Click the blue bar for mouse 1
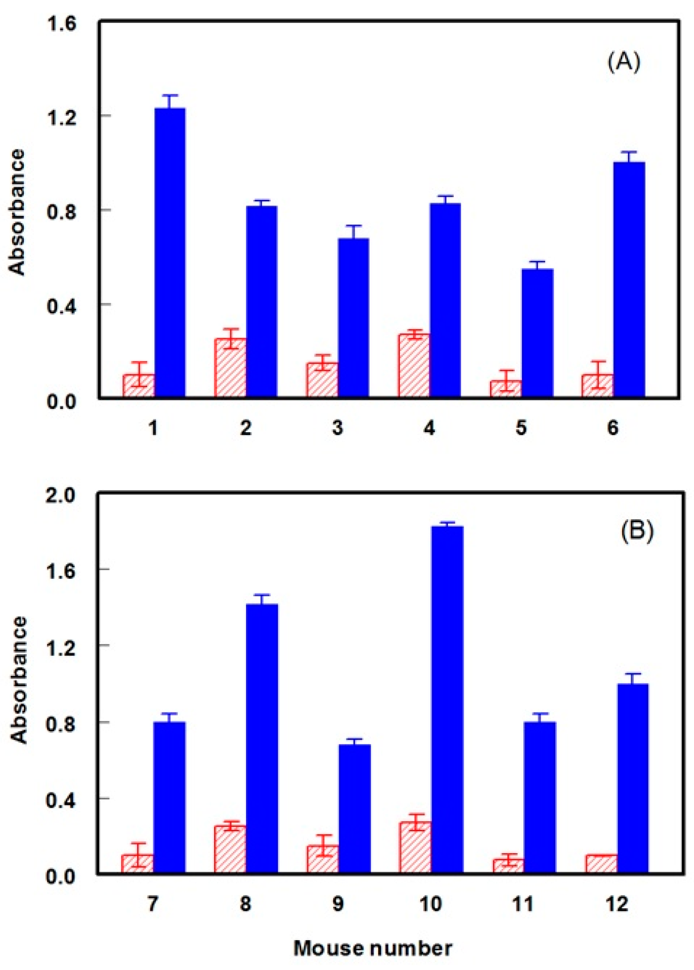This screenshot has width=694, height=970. tap(170, 253)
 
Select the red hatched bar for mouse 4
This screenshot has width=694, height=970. tap(414, 365)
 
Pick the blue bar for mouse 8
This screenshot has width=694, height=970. tap(262, 739)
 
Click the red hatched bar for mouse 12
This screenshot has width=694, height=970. tap(601, 864)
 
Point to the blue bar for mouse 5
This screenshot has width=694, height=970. tap(537, 333)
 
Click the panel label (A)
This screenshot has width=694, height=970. tap(624, 62)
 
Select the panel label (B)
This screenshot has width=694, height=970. tap(637, 531)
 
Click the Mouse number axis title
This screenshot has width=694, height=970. tap(373, 948)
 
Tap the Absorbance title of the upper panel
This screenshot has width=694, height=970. tap(17, 213)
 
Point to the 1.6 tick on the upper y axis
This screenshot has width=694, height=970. tap(61, 24)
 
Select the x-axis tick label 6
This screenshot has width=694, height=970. tap(613, 428)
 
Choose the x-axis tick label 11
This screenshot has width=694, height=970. tap(523, 904)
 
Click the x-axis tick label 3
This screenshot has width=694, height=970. tap(338, 428)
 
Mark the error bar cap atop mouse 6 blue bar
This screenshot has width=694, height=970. tap(629, 152)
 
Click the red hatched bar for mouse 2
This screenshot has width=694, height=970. tap(230, 368)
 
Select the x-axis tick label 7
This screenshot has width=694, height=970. tap(153, 904)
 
